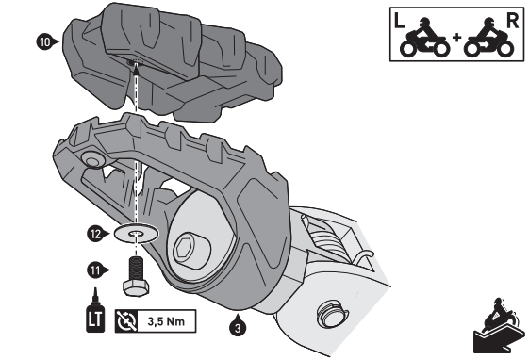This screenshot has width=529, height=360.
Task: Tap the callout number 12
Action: point(95,230)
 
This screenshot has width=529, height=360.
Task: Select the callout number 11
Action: point(95,270)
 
